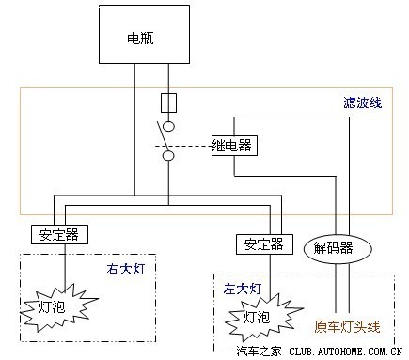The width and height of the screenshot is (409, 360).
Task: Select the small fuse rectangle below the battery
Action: pos(169,101)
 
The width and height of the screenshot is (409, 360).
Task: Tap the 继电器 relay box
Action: pos(235,147)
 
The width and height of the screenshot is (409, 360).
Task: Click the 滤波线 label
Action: pos(361,102)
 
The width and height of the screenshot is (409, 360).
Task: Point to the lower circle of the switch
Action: pos(169,155)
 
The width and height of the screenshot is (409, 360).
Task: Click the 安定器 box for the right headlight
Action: pos(54,234)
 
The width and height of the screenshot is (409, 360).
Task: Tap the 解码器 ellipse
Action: pos(333,248)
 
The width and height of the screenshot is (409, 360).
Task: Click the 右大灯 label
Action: pos(126,270)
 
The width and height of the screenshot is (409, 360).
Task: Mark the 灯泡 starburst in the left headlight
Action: pos(261,317)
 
